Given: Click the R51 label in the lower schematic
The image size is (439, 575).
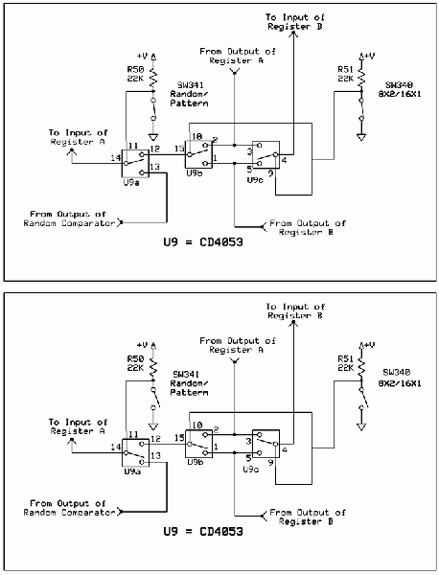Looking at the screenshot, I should pyautogui.click(x=345, y=360).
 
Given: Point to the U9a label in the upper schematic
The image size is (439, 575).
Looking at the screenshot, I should pyautogui.click(x=134, y=181).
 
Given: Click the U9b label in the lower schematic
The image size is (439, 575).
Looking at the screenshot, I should pyautogui.click(x=196, y=462).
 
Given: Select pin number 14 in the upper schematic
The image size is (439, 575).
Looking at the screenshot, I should pyautogui.click(x=116, y=156).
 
